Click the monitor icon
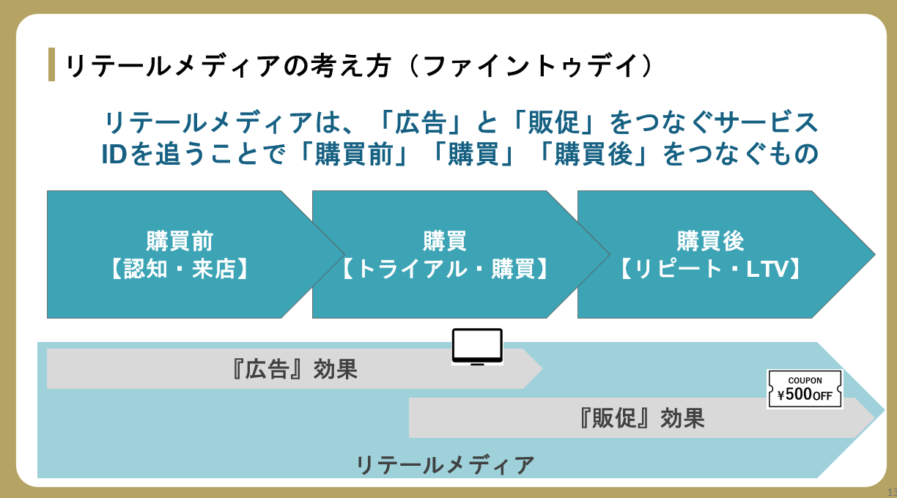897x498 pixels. click(477, 346)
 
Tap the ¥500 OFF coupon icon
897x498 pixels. click(805, 389)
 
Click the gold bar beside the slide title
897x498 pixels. click(51, 64)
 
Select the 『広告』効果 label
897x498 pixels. click(293, 369)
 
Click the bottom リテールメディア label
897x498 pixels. click(445, 465)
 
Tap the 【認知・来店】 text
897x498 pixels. click(180, 269)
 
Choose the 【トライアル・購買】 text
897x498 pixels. click(445, 269)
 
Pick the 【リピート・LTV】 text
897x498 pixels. click(710, 269)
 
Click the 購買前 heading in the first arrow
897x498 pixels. click(180, 241)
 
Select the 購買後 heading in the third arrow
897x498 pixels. click(710, 241)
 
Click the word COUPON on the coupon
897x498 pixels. click(805, 381)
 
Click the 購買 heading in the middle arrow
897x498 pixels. click(445, 241)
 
